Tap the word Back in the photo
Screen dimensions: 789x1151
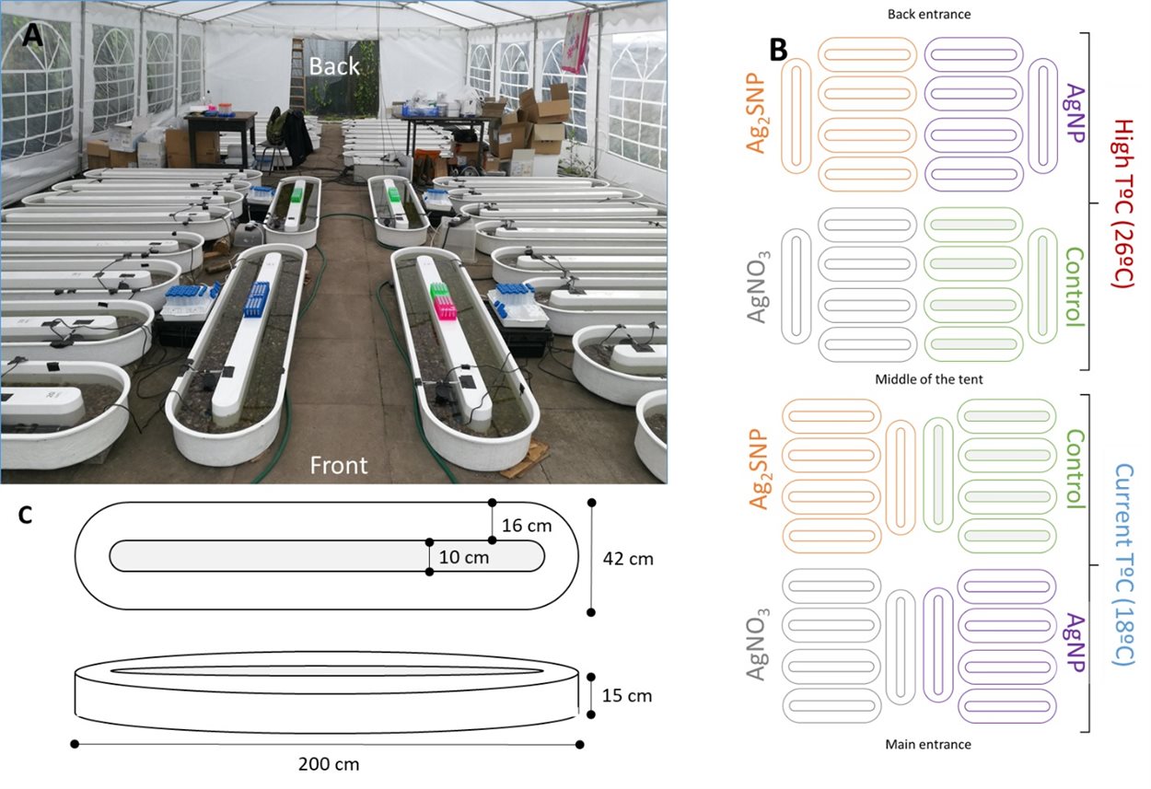(x=333, y=66)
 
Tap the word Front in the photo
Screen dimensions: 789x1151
(x=338, y=465)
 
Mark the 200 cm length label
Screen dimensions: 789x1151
(x=329, y=764)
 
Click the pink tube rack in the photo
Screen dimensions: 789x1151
(x=446, y=308)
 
